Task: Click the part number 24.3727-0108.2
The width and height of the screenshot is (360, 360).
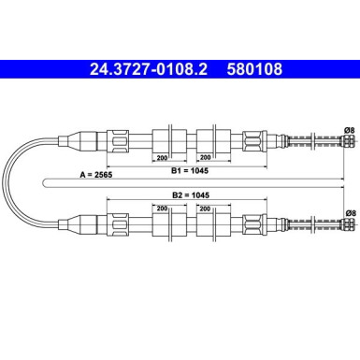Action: click(x=149, y=69)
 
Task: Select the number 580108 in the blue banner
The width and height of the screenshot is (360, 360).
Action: click(x=254, y=69)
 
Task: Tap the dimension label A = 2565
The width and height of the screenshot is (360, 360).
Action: click(x=96, y=175)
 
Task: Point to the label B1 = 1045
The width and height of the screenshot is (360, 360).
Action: click(x=190, y=171)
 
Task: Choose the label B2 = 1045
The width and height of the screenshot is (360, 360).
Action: click(x=191, y=195)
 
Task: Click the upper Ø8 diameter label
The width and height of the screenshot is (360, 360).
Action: click(x=350, y=130)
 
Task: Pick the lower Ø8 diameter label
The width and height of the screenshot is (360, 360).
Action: click(x=351, y=213)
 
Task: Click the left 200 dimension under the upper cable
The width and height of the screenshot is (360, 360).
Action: click(x=162, y=158)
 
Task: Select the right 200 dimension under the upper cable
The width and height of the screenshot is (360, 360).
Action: click(x=205, y=157)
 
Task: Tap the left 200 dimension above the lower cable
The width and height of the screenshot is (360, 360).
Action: click(x=162, y=209)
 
